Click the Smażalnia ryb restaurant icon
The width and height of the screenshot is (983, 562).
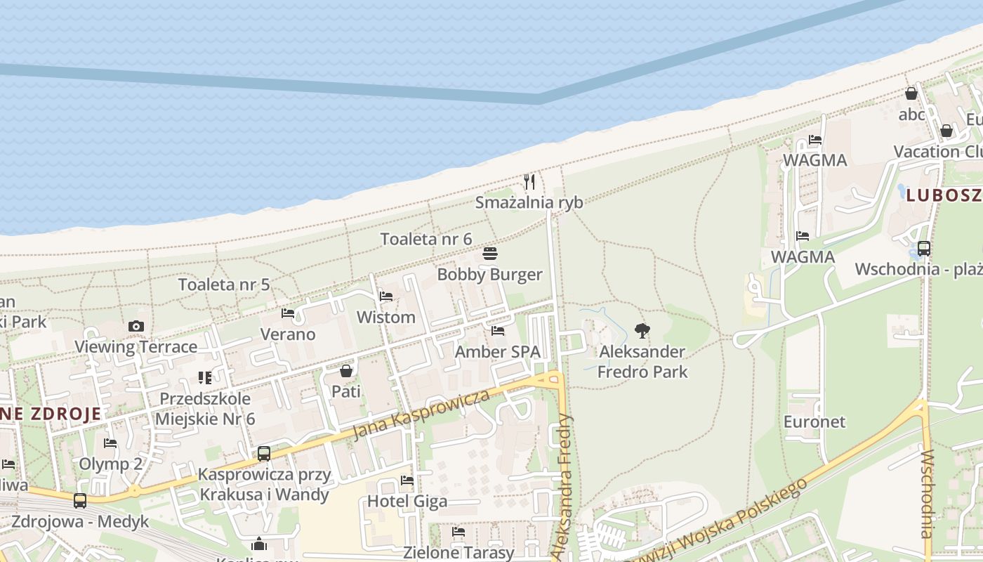pyautogui.click(x=529, y=182)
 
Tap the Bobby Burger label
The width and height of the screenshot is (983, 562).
pyautogui.click(x=489, y=274)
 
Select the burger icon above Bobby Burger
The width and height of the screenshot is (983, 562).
pyautogui.click(x=489, y=254)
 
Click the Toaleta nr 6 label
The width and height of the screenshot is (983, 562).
pyautogui.click(x=425, y=239)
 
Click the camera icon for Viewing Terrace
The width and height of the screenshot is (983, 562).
pyautogui.click(x=136, y=326)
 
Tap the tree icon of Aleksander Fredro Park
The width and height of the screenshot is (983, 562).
pyautogui.click(x=642, y=330)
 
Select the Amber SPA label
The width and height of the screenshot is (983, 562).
pyautogui.click(x=498, y=351)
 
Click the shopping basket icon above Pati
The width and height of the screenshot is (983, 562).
pyautogui.click(x=346, y=370)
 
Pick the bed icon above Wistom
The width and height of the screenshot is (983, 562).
pyautogui.click(x=385, y=296)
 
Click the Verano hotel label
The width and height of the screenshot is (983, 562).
pyautogui.click(x=288, y=334)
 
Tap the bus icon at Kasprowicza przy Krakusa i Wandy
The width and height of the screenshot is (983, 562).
pyautogui.click(x=264, y=454)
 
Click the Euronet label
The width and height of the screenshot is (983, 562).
pyautogui.click(x=814, y=421)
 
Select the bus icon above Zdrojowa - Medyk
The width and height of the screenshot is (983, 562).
pyautogui.click(x=80, y=501)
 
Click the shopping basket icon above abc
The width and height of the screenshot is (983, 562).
pyautogui.click(x=911, y=93)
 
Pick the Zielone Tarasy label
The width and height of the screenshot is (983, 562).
pyautogui.click(x=458, y=553)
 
